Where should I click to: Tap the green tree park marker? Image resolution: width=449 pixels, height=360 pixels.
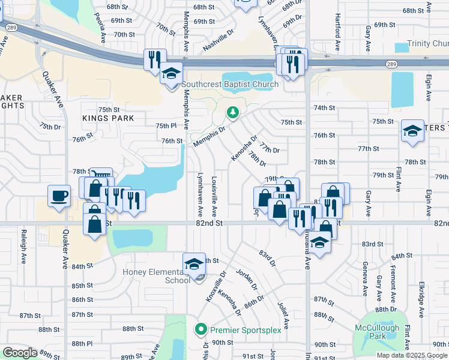(232, 112)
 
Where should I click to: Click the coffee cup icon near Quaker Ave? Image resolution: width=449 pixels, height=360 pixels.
(59, 196)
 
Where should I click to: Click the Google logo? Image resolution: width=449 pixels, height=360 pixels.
(20, 353)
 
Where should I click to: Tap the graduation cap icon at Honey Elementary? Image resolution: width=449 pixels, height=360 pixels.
(193, 264)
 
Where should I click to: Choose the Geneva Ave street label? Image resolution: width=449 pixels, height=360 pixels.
(364, 280)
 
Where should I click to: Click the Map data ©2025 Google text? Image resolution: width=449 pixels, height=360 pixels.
(412, 355)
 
